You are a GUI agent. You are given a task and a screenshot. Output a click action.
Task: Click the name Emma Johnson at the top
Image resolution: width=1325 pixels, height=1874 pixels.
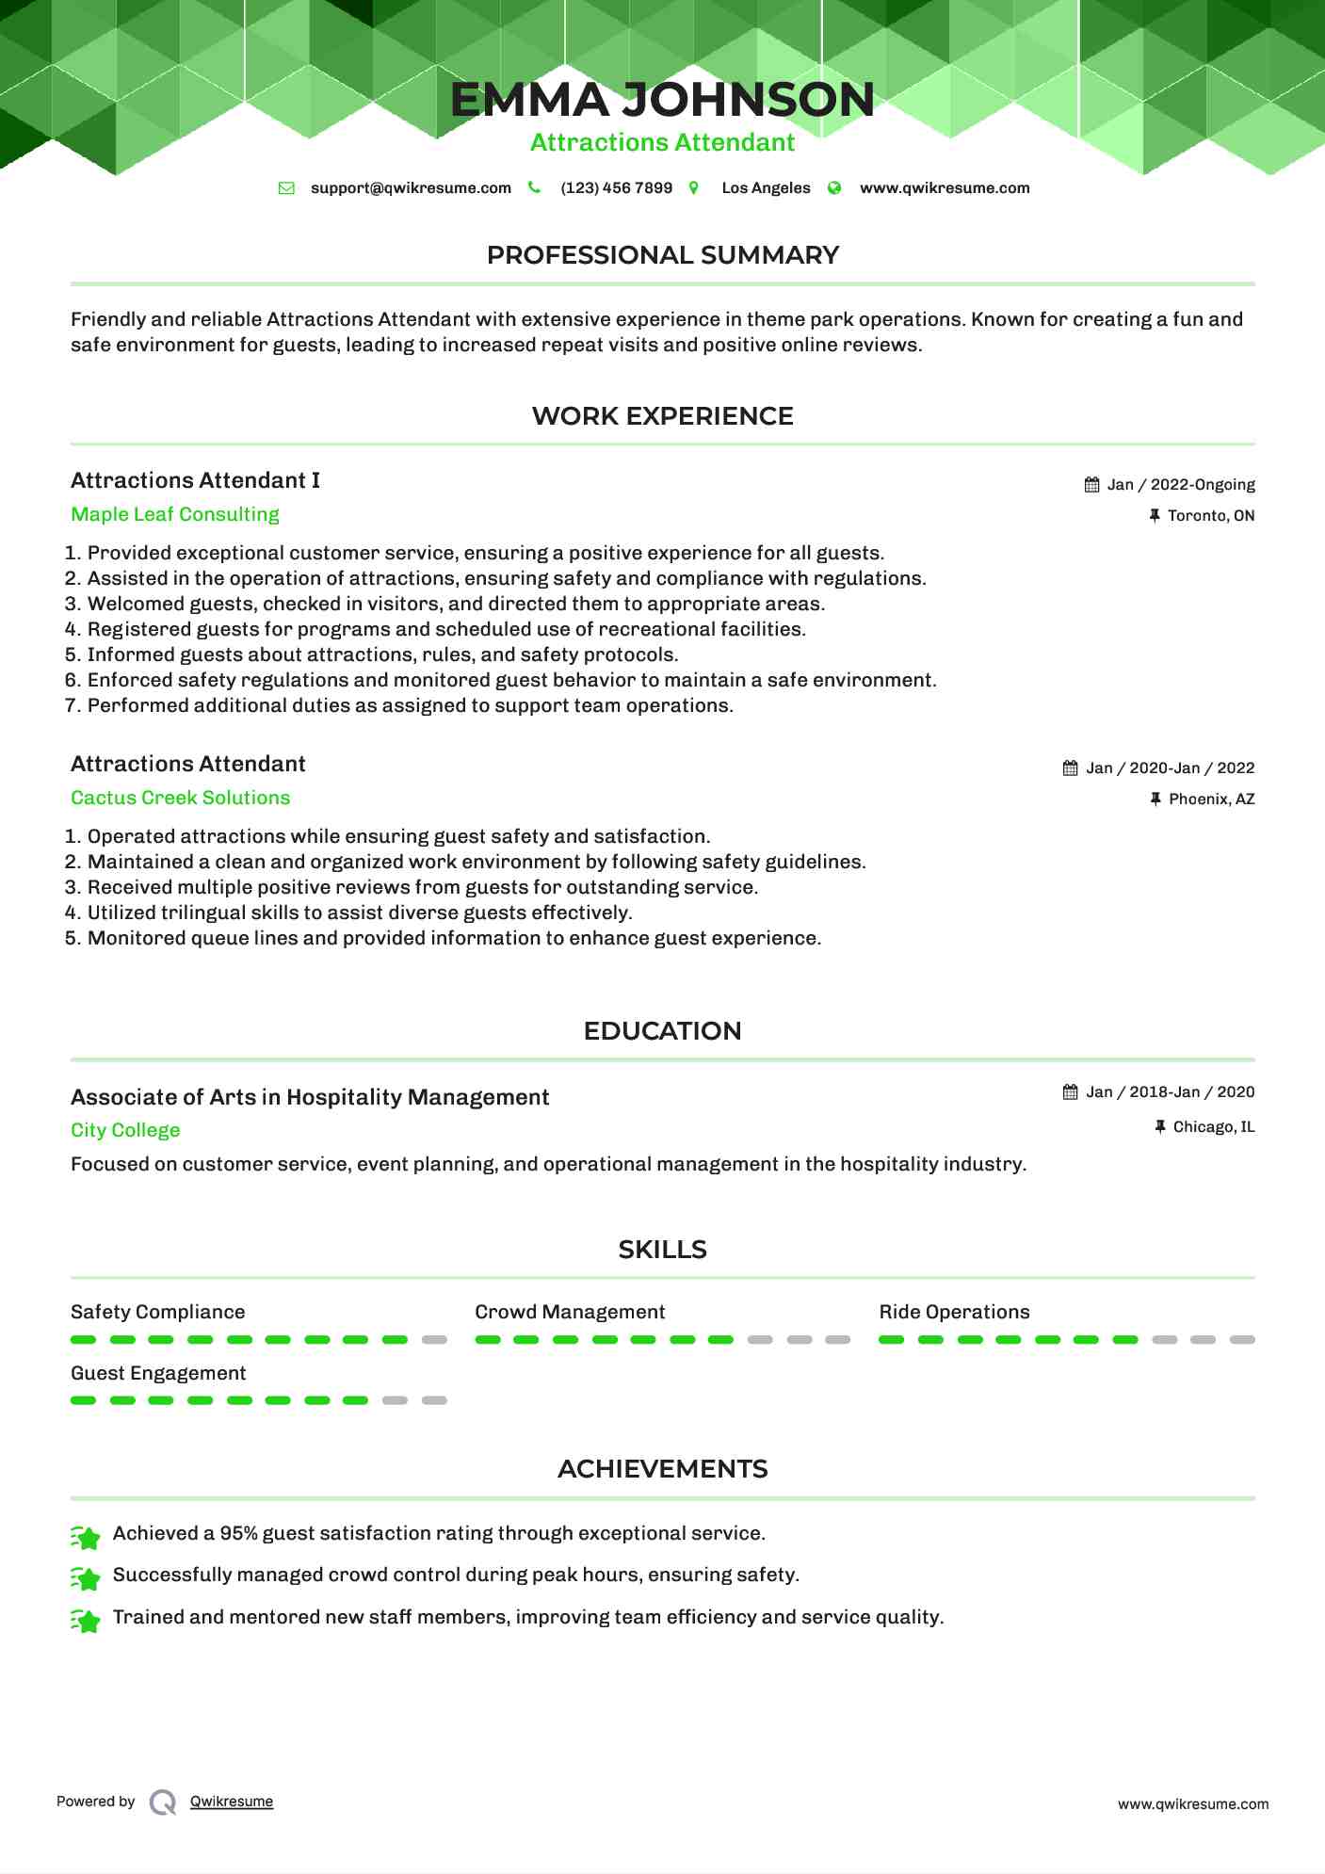[662, 100]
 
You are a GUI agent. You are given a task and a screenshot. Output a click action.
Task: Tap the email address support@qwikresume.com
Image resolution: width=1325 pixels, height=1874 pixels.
[411, 188]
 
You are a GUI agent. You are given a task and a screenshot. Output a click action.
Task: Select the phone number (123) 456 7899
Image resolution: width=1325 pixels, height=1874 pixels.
[616, 188]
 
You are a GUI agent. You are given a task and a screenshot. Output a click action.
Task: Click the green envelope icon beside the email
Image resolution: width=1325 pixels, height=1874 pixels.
[286, 188]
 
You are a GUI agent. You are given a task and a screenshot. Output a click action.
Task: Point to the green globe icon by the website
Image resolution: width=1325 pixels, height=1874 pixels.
[834, 188]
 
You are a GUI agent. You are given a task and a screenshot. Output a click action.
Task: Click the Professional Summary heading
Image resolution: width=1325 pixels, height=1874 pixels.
[662, 255]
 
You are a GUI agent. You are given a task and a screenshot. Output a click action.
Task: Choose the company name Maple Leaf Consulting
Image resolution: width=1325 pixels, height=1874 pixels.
[175, 514]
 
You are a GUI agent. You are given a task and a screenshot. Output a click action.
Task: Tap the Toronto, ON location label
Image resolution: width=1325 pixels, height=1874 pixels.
[1211, 516]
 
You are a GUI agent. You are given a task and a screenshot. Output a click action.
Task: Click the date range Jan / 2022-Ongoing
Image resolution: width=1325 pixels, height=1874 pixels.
[1181, 485]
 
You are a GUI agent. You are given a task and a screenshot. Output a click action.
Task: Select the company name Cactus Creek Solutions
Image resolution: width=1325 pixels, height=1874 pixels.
[180, 798]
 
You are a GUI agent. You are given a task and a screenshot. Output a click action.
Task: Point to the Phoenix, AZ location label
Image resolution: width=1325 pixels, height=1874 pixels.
[1211, 800]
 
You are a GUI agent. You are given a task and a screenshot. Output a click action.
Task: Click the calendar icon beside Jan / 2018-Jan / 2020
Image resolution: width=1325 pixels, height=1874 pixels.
[1071, 1092]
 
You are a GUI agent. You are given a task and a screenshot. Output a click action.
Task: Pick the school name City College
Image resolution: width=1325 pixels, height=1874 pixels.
[125, 1130]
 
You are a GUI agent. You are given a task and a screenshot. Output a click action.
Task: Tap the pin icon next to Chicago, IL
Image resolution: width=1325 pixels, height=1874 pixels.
[1160, 1127]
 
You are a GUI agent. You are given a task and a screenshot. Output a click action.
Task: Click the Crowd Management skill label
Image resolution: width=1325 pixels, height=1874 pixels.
[570, 1312]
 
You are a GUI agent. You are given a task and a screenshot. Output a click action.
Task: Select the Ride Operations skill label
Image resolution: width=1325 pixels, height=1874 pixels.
[954, 1312]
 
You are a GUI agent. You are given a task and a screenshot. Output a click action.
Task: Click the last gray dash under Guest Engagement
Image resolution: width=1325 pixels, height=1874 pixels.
[434, 1400]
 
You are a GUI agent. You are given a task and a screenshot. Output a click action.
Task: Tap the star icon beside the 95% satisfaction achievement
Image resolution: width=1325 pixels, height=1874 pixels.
[86, 1538]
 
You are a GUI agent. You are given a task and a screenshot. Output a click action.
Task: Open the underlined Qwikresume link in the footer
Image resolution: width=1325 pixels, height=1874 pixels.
[232, 1801]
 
